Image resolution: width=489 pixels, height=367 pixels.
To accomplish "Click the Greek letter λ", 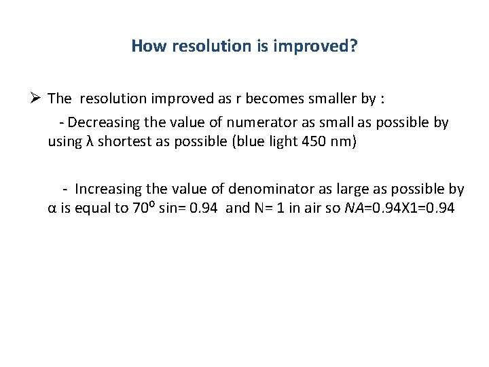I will (x=89, y=143).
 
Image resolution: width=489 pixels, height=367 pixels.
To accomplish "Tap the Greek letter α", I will (x=52, y=209).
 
